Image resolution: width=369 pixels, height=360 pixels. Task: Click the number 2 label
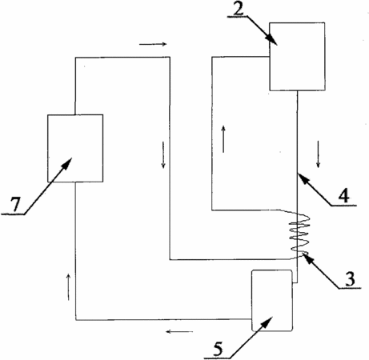point(239,9)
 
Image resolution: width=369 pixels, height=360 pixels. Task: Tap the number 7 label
point(15,205)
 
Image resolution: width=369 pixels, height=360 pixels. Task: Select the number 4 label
point(343,195)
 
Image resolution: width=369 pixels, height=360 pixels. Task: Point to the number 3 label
point(350,279)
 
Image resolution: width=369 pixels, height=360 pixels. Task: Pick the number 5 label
point(218,349)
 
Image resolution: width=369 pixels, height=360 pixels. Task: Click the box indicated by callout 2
point(297,57)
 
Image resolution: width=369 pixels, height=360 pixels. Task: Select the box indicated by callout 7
point(75,148)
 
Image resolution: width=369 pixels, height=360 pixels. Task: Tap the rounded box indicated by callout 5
point(272,301)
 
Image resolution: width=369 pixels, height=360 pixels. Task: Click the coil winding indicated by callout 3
point(299,234)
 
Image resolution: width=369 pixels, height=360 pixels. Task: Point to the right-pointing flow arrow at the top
point(153,44)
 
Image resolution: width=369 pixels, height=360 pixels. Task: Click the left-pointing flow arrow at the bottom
point(179,332)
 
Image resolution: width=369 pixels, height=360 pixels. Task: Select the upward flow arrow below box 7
point(69,287)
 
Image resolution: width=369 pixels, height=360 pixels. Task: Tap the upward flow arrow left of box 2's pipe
point(223,139)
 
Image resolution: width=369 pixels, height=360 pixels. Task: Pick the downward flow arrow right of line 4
point(318,154)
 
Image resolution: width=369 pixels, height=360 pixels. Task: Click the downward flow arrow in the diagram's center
point(163,155)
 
